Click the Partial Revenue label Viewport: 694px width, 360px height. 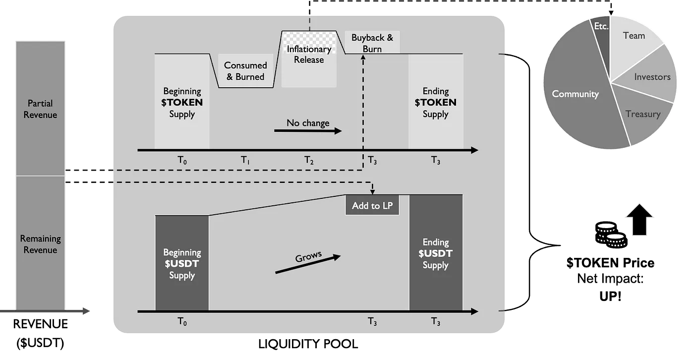point(41,109)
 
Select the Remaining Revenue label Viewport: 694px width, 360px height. point(41,244)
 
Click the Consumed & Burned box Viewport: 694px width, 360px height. point(245,71)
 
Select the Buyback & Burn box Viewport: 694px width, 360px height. point(372,43)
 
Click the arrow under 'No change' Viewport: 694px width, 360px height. point(308,131)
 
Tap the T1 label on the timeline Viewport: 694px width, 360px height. point(245,160)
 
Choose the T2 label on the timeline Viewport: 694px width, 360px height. point(309,160)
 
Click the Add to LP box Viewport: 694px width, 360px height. point(372,205)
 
